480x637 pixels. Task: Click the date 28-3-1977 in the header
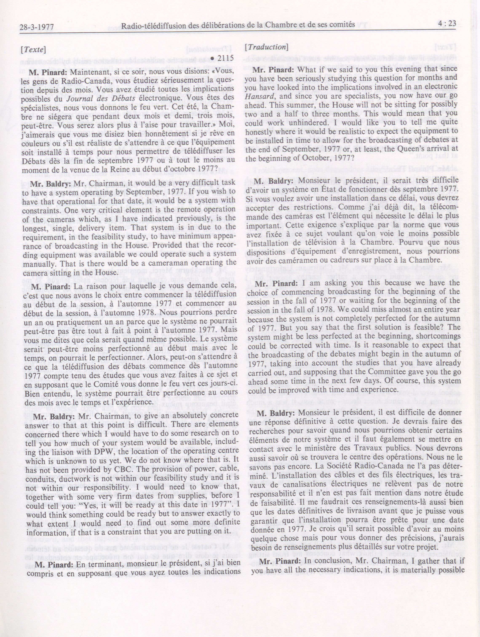37,27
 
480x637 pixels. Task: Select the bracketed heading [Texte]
33,49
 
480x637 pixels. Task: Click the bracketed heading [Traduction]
267,47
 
